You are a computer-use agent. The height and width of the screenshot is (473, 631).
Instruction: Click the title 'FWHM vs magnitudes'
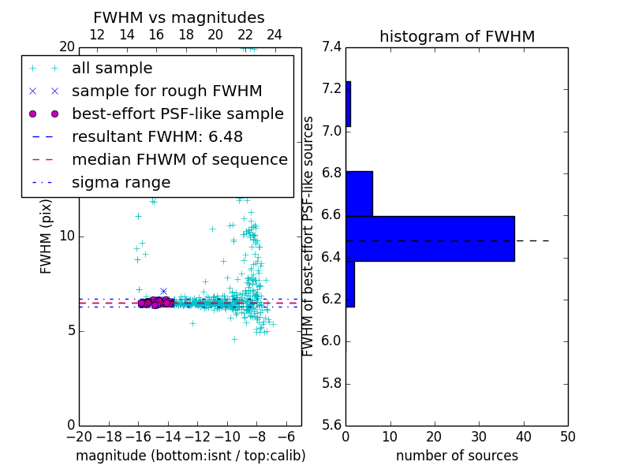(x=178, y=18)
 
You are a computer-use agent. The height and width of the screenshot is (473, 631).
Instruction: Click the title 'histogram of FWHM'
(x=457, y=37)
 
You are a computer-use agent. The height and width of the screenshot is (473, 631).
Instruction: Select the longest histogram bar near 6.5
(x=430, y=238)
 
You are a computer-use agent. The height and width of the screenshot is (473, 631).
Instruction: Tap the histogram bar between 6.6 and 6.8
(x=359, y=193)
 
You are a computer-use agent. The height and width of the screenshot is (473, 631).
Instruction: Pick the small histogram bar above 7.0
(x=348, y=103)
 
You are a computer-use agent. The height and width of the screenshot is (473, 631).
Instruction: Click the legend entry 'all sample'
(x=112, y=69)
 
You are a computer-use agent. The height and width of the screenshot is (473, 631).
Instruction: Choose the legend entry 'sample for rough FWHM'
(x=166, y=91)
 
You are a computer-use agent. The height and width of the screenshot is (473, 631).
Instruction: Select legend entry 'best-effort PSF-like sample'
(x=177, y=114)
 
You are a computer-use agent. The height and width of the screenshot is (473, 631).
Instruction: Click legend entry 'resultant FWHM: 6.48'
(x=155, y=136)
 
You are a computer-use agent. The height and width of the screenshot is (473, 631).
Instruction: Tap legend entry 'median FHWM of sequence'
(x=179, y=159)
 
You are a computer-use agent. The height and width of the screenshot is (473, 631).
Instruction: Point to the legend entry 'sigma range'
(x=121, y=182)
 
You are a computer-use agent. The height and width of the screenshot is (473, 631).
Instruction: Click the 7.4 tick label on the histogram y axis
(x=332, y=47)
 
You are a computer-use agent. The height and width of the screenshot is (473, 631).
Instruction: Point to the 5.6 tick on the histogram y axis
(x=332, y=425)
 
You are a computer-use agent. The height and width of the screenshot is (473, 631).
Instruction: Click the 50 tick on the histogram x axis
(x=567, y=437)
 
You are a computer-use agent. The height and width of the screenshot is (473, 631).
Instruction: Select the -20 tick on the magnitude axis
(x=79, y=437)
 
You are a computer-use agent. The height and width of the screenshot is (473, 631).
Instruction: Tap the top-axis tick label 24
(x=274, y=35)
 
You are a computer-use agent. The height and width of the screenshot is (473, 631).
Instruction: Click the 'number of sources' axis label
(x=457, y=456)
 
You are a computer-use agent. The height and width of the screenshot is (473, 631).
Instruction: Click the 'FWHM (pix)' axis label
(x=47, y=236)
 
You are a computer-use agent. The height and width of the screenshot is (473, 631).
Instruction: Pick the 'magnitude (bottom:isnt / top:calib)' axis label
(x=190, y=456)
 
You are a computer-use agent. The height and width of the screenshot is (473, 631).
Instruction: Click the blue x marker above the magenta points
(x=163, y=291)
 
